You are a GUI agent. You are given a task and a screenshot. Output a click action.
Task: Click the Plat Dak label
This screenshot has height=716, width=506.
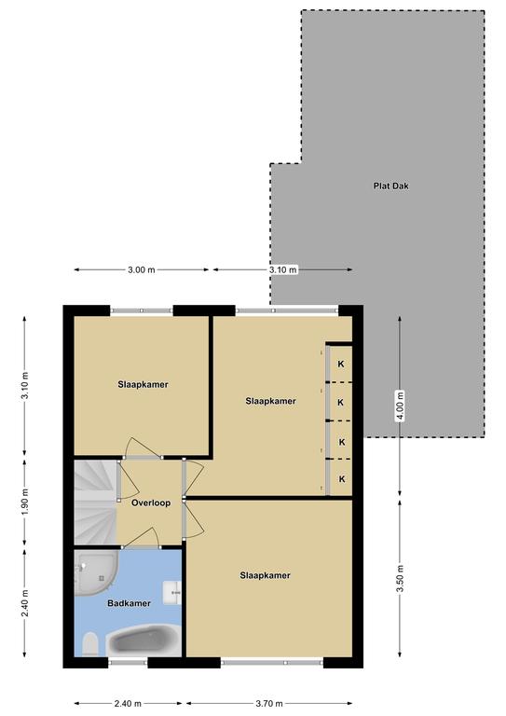pyautogui.click(x=391, y=186)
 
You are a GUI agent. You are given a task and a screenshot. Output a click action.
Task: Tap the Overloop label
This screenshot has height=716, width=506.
pyautogui.click(x=151, y=503)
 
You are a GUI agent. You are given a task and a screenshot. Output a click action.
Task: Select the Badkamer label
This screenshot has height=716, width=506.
pyautogui.click(x=129, y=603)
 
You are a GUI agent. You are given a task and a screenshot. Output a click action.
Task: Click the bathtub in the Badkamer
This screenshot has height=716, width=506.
pyautogui.click(x=144, y=640)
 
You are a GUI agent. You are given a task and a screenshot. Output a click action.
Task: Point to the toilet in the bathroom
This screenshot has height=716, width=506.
pyautogui.click(x=90, y=644)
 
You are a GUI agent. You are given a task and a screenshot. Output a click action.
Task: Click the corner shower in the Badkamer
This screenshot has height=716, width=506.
pyautogui.click(x=96, y=572)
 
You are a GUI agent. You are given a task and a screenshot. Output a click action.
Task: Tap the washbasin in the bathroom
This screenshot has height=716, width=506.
pyautogui.click(x=173, y=592)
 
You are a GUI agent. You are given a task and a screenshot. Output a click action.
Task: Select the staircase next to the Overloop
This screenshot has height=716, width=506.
pyautogui.click(x=95, y=503)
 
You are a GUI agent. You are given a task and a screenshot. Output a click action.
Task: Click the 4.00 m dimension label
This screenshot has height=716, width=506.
pyautogui.click(x=400, y=406)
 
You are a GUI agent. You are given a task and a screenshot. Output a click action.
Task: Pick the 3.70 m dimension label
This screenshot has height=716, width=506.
pyautogui.click(x=268, y=703)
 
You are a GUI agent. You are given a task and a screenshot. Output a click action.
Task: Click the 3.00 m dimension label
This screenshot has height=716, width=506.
pyautogui.click(x=142, y=269)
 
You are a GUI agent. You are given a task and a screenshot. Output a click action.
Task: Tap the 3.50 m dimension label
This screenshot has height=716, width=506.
pyautogui.click(x=400, y=578)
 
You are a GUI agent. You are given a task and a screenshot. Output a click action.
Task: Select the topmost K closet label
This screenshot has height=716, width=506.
pyautogui.click(x=341, y=365)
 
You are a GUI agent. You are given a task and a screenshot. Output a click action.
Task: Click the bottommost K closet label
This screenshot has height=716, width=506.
pyautogui.click(x=342, y=479)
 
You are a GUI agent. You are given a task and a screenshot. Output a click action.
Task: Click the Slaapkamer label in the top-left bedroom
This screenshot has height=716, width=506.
pyautogui.click(x=143, y=384)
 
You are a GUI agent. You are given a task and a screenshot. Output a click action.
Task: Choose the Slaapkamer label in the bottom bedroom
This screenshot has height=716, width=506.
pyautogui.click(x=265, y=575)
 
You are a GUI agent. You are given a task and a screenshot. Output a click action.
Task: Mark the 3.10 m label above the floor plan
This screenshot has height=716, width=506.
pyautogui.click(x=283, y=269)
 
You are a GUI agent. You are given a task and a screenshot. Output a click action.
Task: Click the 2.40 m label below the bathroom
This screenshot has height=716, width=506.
pyautogui.click(x=128, y=703)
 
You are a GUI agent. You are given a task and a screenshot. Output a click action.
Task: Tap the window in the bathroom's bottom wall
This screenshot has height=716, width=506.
pyautogui.click(x=129, y=662)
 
